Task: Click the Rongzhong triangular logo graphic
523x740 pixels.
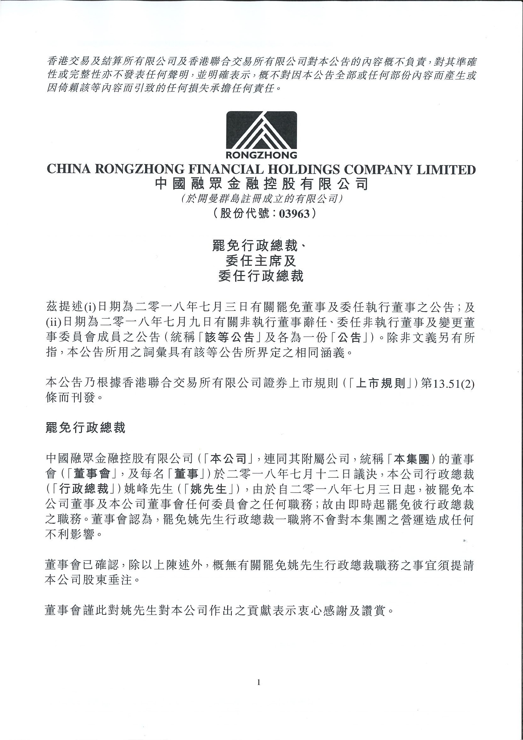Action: pos(261,131)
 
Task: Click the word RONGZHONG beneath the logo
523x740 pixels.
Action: pos(261,155)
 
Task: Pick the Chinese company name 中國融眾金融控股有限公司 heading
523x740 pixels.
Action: pos(261,184)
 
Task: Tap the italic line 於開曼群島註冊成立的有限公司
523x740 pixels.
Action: pos(261,199)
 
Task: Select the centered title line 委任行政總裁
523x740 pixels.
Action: pos(261,276)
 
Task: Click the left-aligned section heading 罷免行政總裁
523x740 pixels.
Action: pos(85,428)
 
